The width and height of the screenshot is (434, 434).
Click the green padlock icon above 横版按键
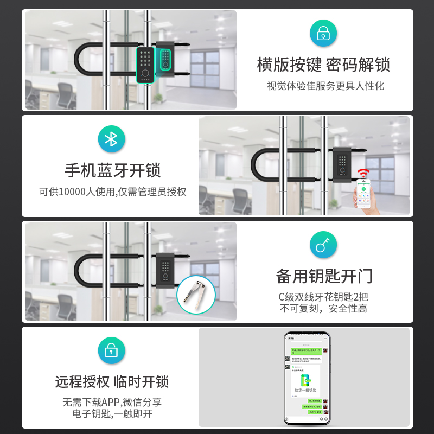323,33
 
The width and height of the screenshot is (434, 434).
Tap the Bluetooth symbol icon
111,139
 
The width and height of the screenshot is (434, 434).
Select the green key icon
323,245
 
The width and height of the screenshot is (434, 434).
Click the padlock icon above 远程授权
111,350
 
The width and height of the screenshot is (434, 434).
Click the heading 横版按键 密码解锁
323,65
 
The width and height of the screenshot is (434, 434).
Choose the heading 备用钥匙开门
324,276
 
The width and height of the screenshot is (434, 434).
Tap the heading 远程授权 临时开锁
112,381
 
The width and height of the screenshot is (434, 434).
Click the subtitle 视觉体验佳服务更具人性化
325,86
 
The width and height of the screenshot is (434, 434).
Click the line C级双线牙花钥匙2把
323,297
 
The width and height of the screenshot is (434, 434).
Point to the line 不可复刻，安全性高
323,309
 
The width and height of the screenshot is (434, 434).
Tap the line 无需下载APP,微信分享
112,403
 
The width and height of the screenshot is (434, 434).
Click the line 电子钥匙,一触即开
112,414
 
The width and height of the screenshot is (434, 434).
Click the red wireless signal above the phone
363,174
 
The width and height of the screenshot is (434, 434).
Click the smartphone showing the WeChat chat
307,378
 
